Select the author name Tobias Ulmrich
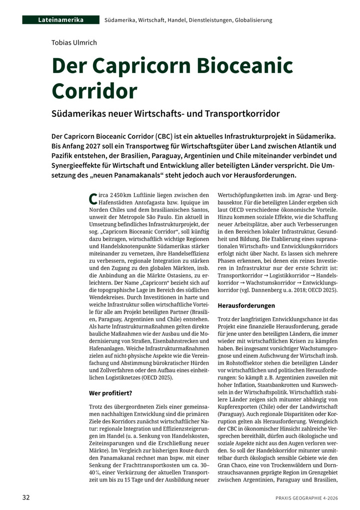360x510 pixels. coord(74,42)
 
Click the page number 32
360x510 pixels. coord(26,497)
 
